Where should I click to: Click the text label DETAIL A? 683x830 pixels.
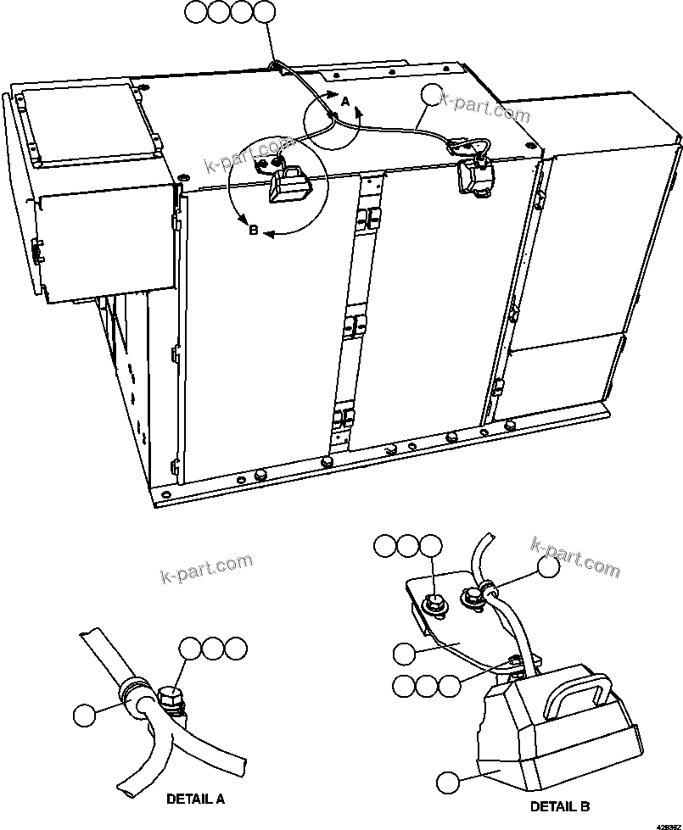click(195, 799)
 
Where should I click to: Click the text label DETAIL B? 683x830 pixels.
click(560, 806)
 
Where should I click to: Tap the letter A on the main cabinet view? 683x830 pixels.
click(344, 101)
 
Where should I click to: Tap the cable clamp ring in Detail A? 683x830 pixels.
click(136, 694)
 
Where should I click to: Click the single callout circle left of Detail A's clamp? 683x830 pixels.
click(84, 715)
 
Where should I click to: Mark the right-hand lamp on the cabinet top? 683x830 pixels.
click(472, 175)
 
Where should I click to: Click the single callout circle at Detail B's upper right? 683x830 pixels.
click(549, 566)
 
